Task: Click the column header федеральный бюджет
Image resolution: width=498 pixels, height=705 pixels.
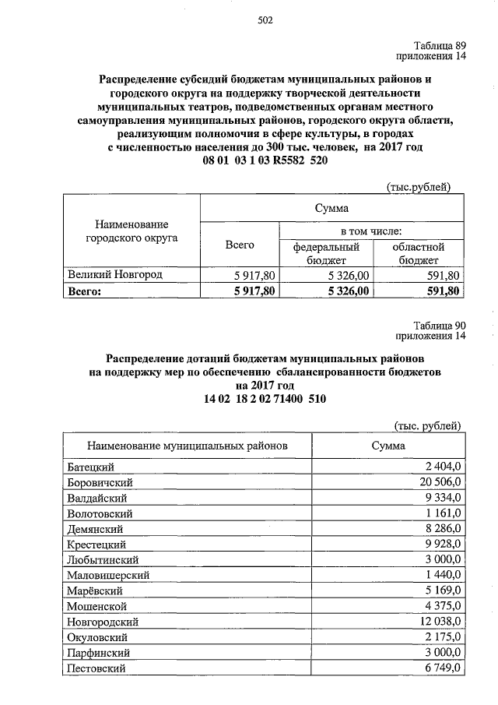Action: [x=325, y=253]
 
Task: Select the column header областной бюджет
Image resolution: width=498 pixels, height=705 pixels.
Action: [x=419, y=253]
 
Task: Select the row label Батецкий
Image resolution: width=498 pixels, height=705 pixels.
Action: [x=92, y=467]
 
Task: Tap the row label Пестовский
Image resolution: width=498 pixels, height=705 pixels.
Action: [x=96, y=668]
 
